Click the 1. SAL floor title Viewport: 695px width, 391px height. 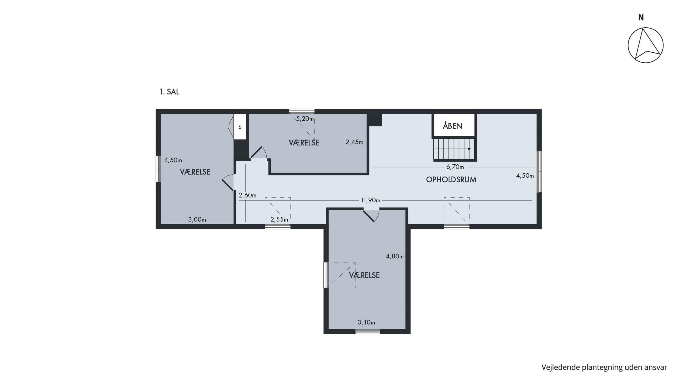(169, 92)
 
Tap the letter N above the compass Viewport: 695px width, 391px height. (641, 18)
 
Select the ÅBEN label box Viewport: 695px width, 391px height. (454, 125)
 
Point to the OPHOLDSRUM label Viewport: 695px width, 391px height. (451, 180)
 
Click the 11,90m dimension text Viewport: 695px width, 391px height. (371, 200)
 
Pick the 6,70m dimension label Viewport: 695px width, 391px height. (455, 167)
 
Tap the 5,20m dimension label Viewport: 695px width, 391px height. (305, 119)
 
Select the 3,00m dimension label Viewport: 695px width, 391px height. (197, 220)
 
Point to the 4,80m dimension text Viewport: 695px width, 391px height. (395, 256)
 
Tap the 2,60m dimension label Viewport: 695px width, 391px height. (247, 195)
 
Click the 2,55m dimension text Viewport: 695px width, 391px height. (279, 220)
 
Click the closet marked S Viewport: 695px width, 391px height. (240, 127)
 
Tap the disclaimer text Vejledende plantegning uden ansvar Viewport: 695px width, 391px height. (604, 368)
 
